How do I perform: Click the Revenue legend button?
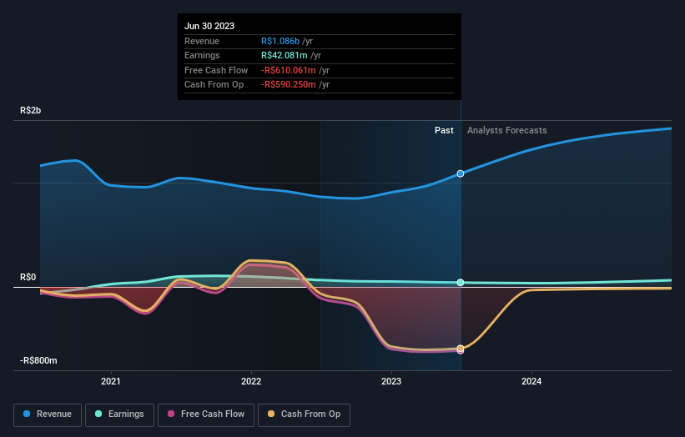[x=48, y=414]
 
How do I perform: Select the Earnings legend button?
[x=119, y=414]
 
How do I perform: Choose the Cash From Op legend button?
[x=305, y=414]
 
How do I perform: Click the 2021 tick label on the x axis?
[x=111, y=382]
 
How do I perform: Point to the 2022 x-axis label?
[x=251, y=382]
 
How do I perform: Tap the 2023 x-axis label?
[x=391, y=382]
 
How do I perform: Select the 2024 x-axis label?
[x=531, y=382]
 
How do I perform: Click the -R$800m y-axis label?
[x=39, y=360]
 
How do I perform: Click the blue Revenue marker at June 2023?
[x=461, y=173]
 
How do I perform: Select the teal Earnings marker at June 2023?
[x=461, y=283]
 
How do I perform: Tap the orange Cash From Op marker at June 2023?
[x=461, y=349]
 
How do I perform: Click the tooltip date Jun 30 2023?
[x=209, y=26]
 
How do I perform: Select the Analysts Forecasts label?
[x=507, y=130]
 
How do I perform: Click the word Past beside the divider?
[x=444, y=130]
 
